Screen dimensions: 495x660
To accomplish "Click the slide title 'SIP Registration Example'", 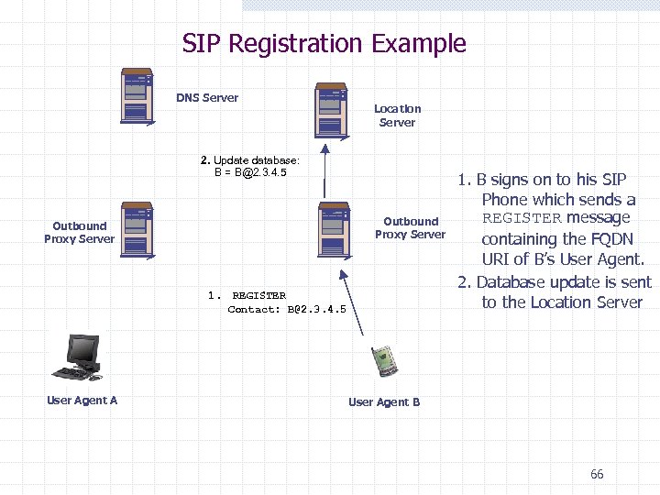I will pyautogui.click(x=324, y=43).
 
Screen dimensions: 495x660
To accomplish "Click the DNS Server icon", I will pyautogui.click(x=137, y=94).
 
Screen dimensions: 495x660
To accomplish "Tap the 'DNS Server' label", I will pyautogui.click(x=207, y=98).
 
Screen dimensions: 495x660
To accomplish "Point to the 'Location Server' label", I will pyautogui.click(x=397, y=115).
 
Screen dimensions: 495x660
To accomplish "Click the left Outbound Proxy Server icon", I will pyautogui.click(x=137, y=228).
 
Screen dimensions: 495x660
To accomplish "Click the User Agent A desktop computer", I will pyautogui.click(x=81, y=357).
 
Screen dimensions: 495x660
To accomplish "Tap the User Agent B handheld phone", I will pyautogui.click(x=383, y=362).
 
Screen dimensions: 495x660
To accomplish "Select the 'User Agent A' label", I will pyautogui.click(x=82, y=400).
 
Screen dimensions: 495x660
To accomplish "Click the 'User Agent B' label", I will pyautogui.click(x=384, y=401).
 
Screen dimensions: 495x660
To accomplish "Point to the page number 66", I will pyautogui.click(x=597, y=474).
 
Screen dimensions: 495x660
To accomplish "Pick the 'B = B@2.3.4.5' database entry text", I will pyautogui.click(x=250, y=171).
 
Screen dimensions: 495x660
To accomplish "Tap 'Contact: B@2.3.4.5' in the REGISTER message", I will pyautogui.click(x=287, y=309).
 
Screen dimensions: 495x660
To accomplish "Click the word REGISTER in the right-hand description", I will pyautogui.click(x=522, y=218).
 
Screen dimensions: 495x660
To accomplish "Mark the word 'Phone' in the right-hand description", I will pyautogui.click(x=506, y=199).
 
